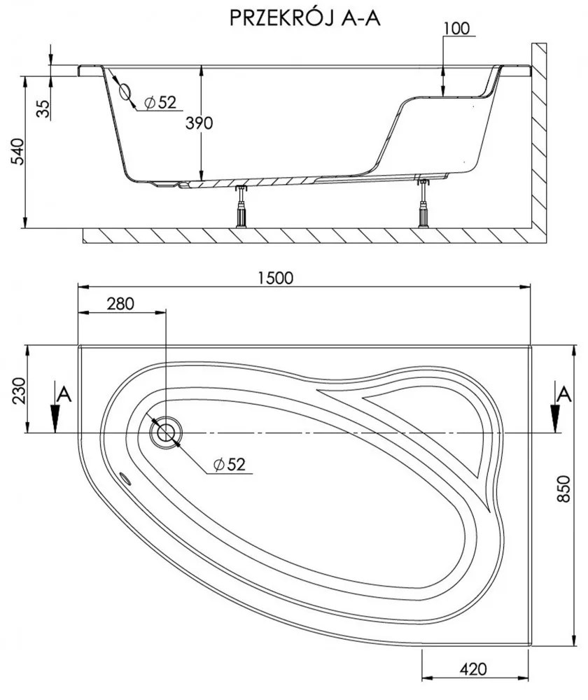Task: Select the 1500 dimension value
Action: (x=274, y=277)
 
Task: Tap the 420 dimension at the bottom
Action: (x=474, y=668)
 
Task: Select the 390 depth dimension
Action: (x=199, y=123)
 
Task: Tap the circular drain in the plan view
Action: (x=166, y=432)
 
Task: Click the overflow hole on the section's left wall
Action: (x=125, y=92)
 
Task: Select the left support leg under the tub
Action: (x=242, y=207)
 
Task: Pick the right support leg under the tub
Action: (x=423, y=204)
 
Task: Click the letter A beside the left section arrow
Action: (x=64, y=393)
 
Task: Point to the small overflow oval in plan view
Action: (x=126, y=479)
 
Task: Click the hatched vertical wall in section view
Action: (x=538, y=140)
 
